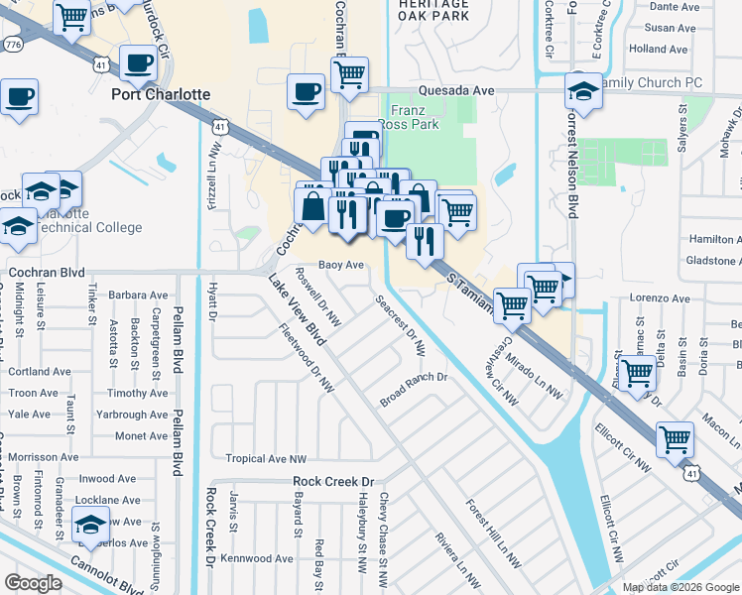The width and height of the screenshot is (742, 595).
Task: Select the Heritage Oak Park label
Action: coord(433,11)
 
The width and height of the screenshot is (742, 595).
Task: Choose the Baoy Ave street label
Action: coord(341,265)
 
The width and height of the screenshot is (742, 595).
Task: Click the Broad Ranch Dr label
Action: coord(415,390)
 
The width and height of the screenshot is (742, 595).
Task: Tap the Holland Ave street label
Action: coord(658,49)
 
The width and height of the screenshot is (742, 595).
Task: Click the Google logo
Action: coord(33,584)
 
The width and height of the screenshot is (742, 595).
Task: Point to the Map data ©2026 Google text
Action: coord(680,587)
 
